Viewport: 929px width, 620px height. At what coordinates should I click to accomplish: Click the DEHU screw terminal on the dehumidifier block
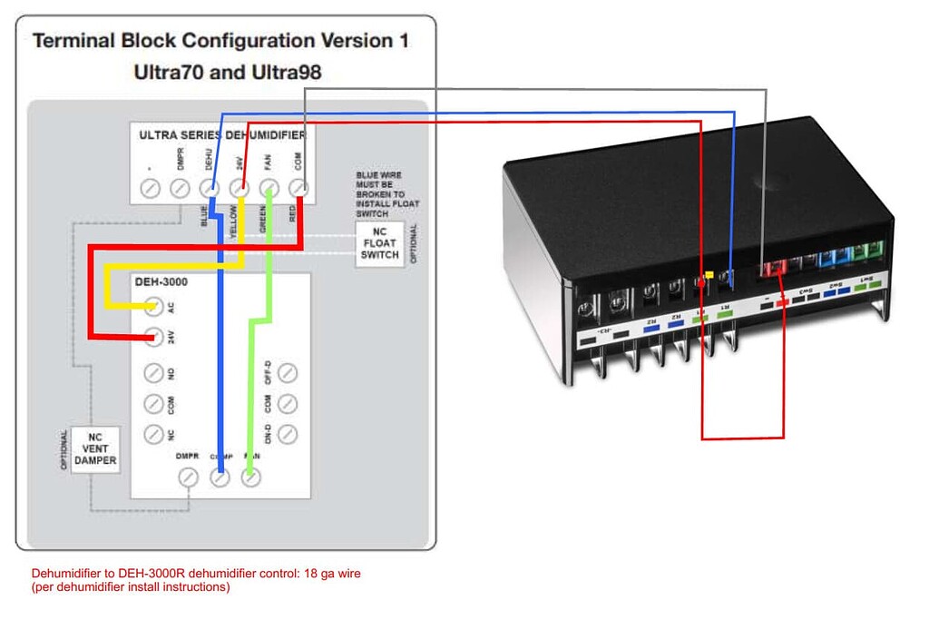point(210,189)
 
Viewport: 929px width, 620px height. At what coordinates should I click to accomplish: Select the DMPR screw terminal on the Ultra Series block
point(181,189)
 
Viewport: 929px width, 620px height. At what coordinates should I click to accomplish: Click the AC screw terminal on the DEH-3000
point(153,305)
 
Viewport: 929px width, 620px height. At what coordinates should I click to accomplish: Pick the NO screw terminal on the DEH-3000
point(153,372)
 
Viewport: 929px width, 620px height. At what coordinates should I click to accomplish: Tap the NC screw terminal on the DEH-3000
point(153,434)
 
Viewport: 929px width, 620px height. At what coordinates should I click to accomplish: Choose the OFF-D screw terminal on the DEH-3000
point(287,372)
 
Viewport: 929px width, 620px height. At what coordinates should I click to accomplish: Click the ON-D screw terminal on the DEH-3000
point(287,434)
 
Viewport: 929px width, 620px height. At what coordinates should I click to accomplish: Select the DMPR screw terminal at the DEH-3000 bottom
point(189,476)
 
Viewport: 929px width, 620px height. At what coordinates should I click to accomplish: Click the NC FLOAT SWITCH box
point(379,245)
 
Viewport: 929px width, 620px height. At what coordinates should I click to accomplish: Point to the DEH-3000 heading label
point(162,283)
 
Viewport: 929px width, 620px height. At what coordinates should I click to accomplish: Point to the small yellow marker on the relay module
point(709,271)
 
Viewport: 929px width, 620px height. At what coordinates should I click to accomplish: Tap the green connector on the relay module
point(875,250)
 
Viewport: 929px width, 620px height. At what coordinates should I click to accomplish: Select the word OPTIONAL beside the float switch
point(416,243)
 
